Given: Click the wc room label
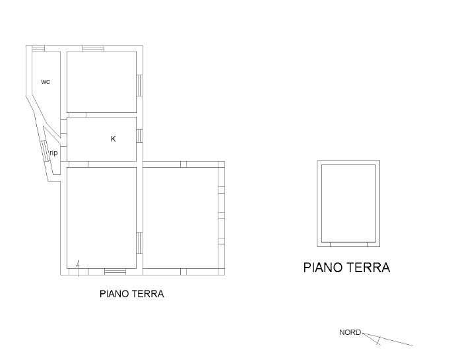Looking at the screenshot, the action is (x=46, y=82).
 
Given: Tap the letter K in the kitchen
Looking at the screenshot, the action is (x=113, y=139).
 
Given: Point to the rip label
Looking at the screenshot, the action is (x=53, y=153).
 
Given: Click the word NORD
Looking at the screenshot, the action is (x=350, y=332).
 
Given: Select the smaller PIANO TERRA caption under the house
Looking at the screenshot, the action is (x=132, y=294).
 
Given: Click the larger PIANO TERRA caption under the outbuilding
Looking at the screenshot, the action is (x=346, y=268).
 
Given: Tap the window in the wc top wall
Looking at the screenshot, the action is (x=38, y=48).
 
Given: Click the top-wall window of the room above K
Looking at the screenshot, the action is (x=93, y=48).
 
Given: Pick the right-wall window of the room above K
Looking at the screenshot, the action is (x=139, y=85).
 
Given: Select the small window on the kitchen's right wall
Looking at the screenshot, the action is (x=139, y=136).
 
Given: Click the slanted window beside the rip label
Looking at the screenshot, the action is (x=45, y=151).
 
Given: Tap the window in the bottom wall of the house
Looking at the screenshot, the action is (x=115, y=271).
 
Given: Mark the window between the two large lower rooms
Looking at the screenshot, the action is (x=139, y=243).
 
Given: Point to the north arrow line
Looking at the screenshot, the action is (x=387, y=340).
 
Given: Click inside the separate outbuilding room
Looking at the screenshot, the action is (x=348, y=203).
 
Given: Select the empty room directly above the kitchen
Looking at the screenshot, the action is (x=102, y=82).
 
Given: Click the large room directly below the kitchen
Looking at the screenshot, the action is (x=102, y=218).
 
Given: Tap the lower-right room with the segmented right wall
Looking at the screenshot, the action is (x=181, y=218).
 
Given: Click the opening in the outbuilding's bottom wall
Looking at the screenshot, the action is (x=348, y=244).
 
